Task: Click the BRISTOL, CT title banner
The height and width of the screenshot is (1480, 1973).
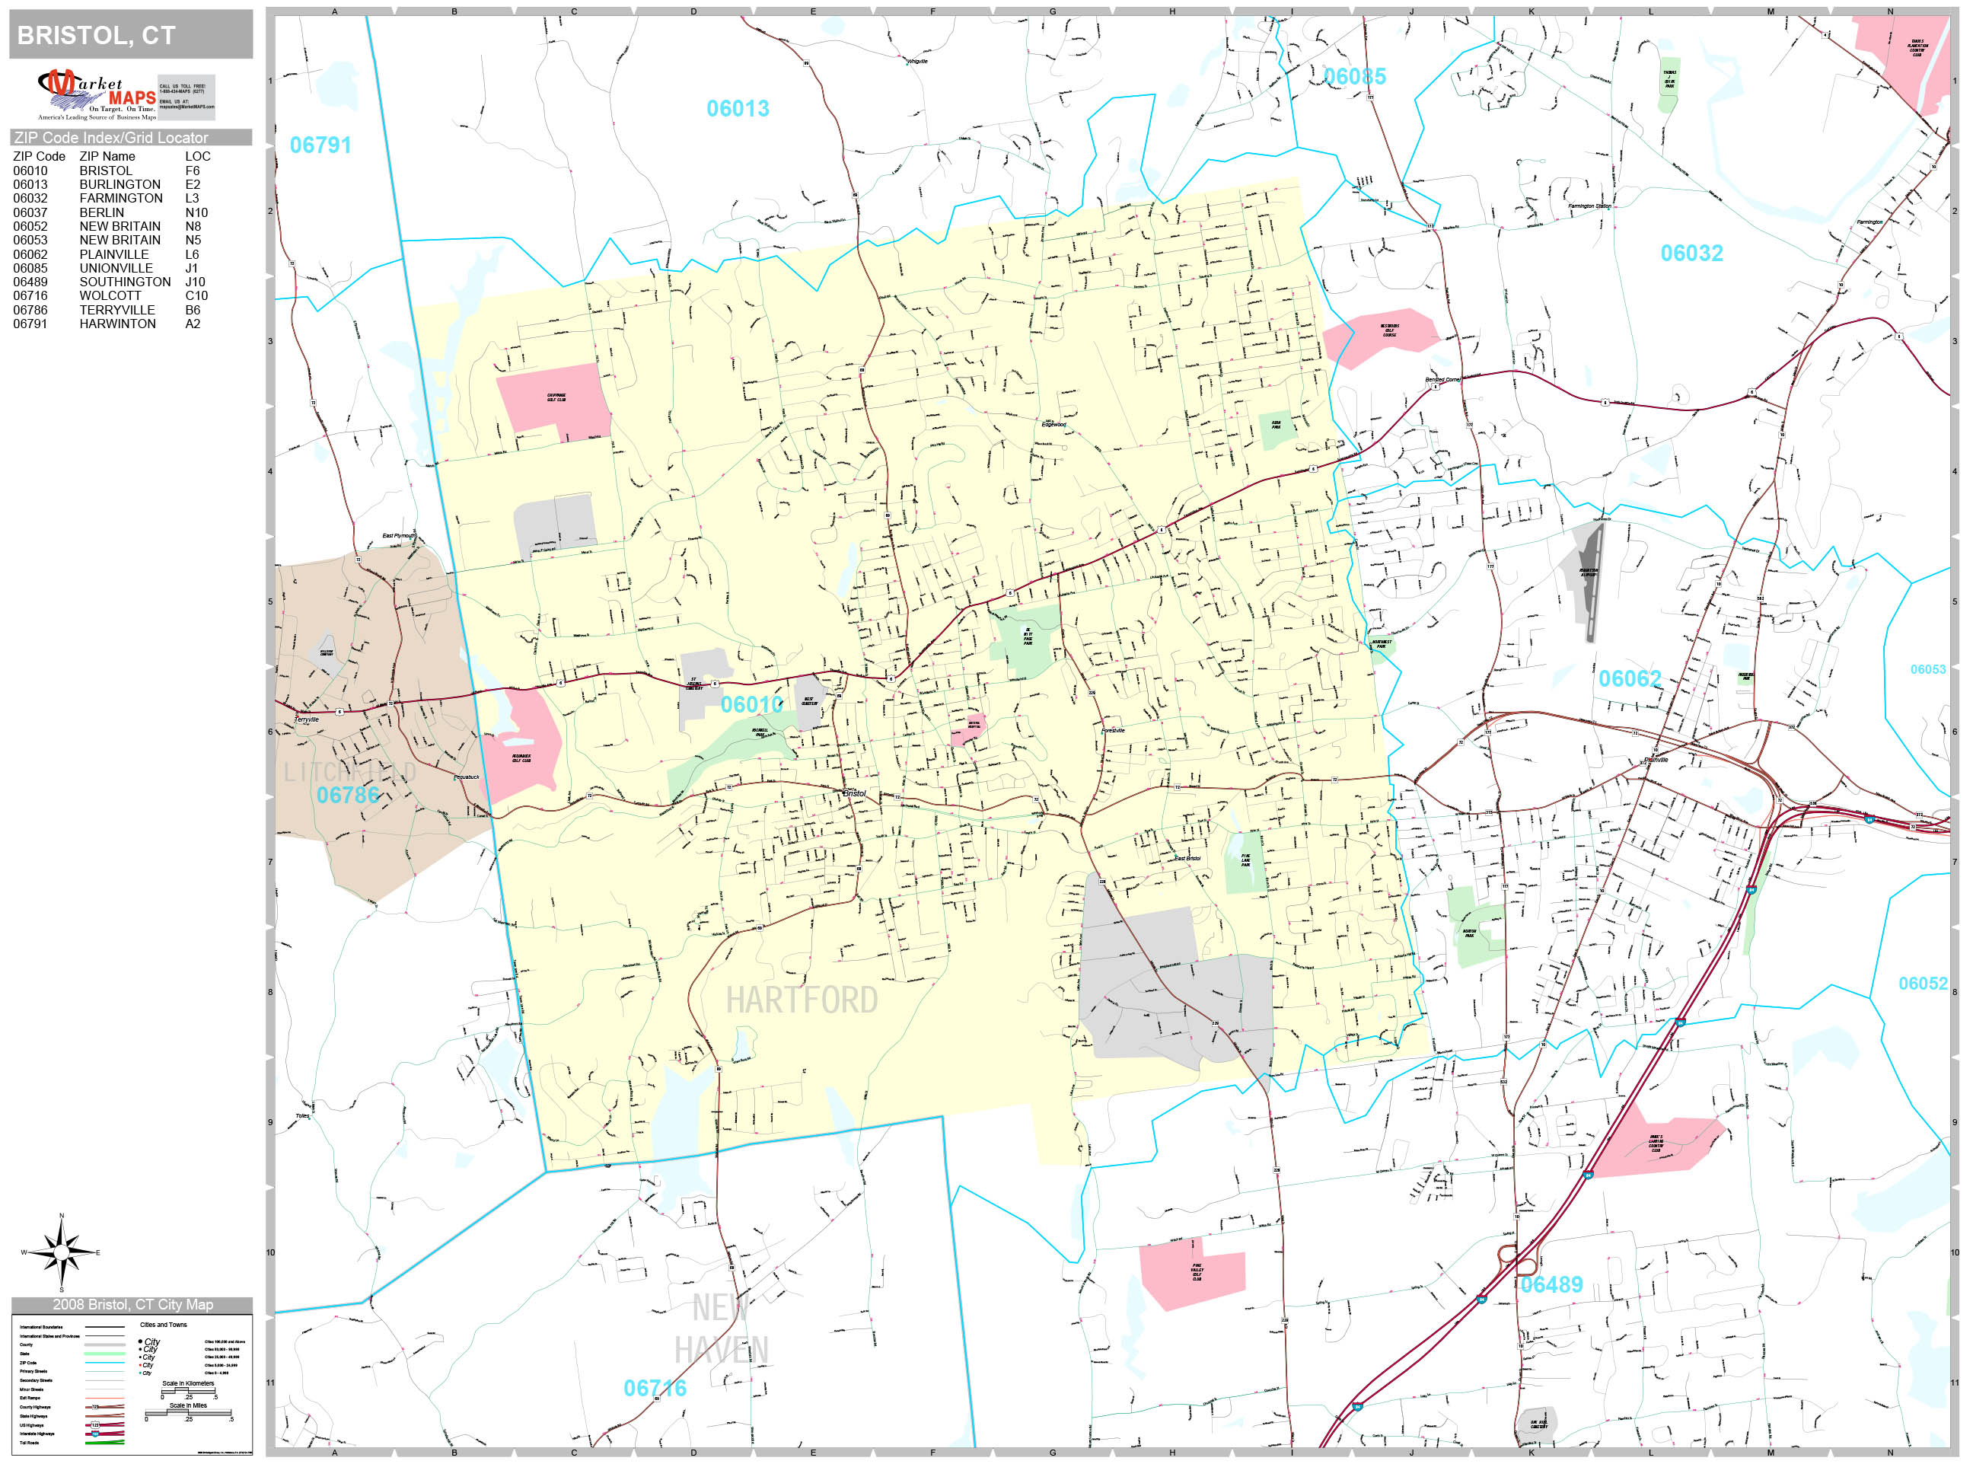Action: [x=130, y=35]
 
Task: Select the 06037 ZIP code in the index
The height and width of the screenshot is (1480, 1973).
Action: [x=30, y=212]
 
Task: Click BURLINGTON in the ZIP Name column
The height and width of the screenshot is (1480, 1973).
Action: [x=120, y=185]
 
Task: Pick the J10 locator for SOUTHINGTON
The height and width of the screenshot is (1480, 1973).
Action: [x=196, y=282]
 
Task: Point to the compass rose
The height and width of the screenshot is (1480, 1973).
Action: [x=61, y=1252]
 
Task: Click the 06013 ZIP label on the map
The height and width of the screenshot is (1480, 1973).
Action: [x=738, y=109]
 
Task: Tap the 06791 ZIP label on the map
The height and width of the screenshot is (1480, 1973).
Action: [x=320, y=145]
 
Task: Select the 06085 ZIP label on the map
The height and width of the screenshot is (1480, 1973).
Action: [x=1355, y=77]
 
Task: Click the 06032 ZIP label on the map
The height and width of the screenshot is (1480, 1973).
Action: [x=1691, y=254]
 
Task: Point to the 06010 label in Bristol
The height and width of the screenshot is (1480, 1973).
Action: [x=752, y=705]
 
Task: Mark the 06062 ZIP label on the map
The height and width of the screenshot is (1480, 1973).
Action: [x=1630, y=679]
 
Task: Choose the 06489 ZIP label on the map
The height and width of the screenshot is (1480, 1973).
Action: [x=1551, y=1284]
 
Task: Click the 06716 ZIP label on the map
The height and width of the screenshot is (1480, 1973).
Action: [x=655, y=1388]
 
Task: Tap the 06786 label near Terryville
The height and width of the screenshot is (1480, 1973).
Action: [x=348, y=795]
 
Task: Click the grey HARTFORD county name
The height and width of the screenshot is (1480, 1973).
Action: [x=801, y=1000]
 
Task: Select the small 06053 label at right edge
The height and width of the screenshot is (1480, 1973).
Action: [x=1927, y=669]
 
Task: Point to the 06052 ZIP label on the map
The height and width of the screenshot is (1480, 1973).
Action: [x=1922, y=983]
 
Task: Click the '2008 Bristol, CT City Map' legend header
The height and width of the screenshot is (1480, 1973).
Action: [x=132, y=1304]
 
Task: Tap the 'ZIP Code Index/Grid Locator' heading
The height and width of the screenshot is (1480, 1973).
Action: [x=111, y=137]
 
